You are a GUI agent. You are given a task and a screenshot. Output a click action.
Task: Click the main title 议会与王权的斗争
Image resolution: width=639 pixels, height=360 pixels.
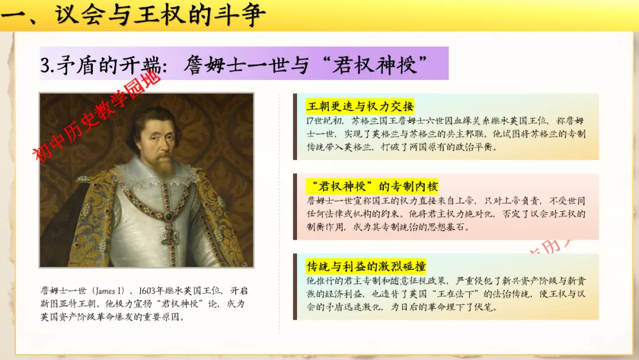click(160, 15)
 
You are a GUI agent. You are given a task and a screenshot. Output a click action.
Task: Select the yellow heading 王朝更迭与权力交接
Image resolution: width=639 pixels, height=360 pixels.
click(360, 107)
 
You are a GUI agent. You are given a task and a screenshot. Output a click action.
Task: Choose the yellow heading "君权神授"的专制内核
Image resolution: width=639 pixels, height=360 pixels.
click(373, 187)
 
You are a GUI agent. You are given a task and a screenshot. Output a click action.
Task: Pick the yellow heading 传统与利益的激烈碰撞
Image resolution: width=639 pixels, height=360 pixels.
click(366, 266)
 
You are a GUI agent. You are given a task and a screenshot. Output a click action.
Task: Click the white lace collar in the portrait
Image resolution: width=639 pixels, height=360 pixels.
click(157, 176)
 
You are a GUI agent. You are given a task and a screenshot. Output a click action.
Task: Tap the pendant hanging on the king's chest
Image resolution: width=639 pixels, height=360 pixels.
click(169, 232)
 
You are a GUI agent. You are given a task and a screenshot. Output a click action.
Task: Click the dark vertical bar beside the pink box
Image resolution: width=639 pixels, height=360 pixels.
click(295, 207)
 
